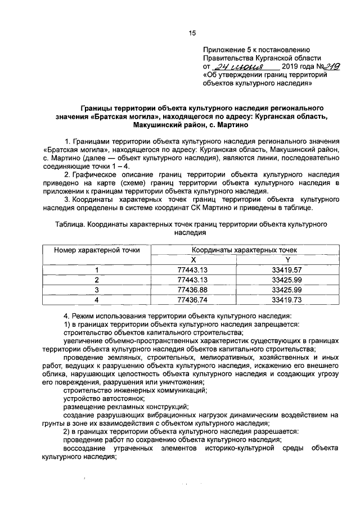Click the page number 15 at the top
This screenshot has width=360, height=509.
[191, 34]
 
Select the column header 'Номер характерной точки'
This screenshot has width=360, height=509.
[97, 250]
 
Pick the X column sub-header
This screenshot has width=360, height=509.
[193, 259]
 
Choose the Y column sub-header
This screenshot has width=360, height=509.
[287, 259]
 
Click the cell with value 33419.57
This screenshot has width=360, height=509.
[287, 269]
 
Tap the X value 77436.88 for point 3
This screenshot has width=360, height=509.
[193, 290]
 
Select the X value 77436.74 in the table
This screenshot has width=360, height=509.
[193, 300]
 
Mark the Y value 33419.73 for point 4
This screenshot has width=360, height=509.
[287, 300]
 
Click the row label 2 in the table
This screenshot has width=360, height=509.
[97, 280]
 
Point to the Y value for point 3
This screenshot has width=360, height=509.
[287, 290]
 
